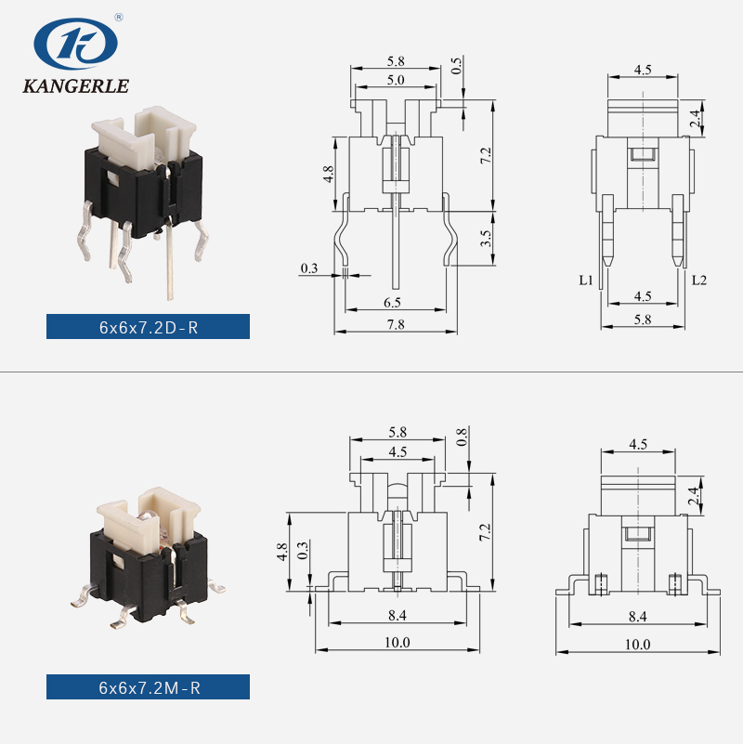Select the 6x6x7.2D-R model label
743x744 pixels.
[148, 327]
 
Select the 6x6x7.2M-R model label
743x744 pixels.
[148, 687]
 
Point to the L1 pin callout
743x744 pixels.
[585, 279]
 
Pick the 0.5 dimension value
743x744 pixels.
[457, 66]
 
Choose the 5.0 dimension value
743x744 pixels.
[396, 81]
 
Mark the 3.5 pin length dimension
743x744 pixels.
[485, 240]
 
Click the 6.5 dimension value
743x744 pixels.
[392, 303]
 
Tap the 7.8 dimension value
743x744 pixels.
[396, 324]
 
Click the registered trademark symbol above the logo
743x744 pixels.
[119, 17]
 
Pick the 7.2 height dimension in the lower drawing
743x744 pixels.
[485, 532]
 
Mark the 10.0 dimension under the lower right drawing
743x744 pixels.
[637, 644]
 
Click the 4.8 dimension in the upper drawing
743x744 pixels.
[328, 175]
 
